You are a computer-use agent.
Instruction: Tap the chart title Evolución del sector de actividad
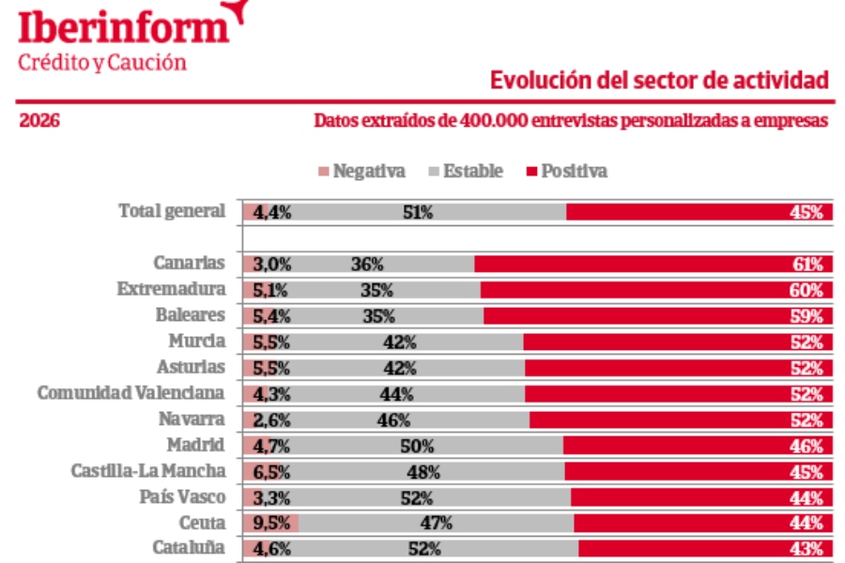tap(660, 81)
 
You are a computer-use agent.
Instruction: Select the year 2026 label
tap(40, 121)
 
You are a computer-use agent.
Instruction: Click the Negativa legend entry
tap(362, 171)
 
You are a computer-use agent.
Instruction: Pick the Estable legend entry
tap(466, 171)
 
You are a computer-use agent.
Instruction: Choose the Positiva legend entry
tap(567, 171)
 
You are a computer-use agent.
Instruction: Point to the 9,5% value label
tap(271, 523)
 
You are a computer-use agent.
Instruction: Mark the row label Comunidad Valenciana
tap(131, 393)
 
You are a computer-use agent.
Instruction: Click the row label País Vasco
tap(179, 496)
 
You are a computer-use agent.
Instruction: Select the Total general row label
tap(172, 211)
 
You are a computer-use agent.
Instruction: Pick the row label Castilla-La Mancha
tap(148, 471)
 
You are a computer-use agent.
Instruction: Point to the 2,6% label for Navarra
tap(271, 419)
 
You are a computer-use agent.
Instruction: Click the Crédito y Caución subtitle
tap(101, 62)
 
